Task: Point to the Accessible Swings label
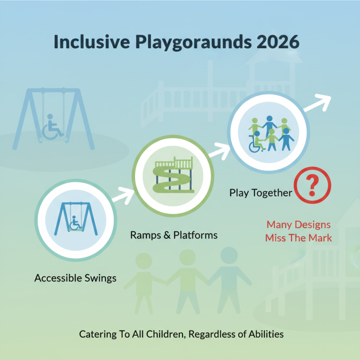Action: click(x=75, y=278)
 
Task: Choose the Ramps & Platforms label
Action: click(x=174, y=235)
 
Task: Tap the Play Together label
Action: click(x=261, y=193)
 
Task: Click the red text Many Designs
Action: click(x=298, y=224)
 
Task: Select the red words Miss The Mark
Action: click(x=298, y=238)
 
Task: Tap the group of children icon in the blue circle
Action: click(x=269, y=134)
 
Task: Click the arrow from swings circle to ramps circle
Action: click(x=122, y=195)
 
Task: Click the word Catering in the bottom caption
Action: click(x=97, y=334)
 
